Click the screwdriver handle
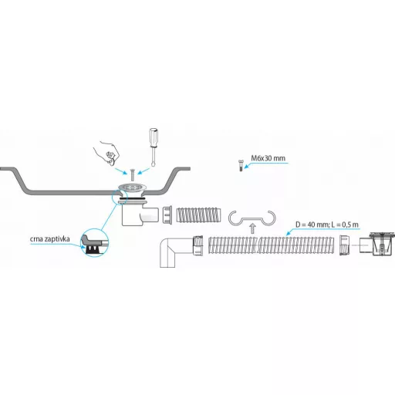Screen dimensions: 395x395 pos(154,137)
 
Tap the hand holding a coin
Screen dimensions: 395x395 pos(106,154)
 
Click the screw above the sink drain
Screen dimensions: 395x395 pos(133,175)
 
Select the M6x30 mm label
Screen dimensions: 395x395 pos(268,158)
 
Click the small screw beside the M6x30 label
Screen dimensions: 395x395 pos(241,165)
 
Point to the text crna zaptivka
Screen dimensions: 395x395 pos(50,239)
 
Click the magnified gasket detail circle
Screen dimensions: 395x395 pos(95,243)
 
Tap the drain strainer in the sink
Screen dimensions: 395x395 pos(133,187)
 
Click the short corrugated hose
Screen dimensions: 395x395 pos(198,215)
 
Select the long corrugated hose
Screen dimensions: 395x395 pos(271,245)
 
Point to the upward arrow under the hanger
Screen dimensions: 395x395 pos(253,228)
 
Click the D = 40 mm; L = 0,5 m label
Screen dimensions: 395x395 pos(327,225)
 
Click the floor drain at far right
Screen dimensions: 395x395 pos(377,244)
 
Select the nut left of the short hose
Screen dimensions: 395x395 pos(167,215)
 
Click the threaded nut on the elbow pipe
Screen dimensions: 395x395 pos(197,245)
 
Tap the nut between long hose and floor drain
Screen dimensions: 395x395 pos(344,245)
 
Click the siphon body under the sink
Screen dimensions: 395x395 pos(139,214)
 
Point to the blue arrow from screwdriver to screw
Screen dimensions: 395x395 pos(143,170)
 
